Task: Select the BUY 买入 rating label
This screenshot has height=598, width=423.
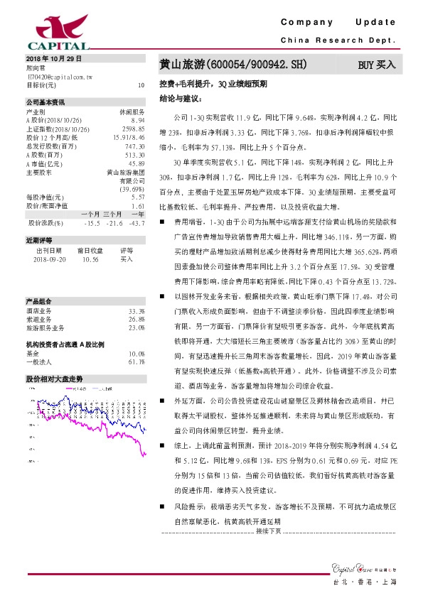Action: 377,65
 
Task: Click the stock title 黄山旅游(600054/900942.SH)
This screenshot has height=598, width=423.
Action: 233,65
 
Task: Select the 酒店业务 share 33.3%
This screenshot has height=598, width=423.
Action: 136,311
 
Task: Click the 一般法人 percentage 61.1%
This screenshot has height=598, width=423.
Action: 136,361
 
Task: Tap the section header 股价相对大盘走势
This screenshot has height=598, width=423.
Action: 55,379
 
